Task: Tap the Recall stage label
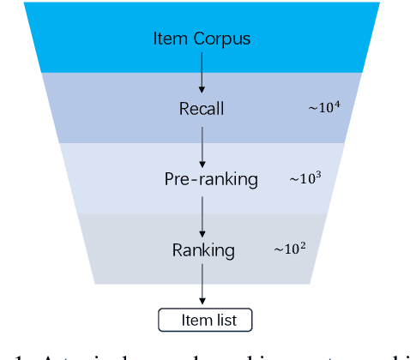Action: coord(202,109)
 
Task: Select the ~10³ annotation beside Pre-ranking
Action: coord(307,178)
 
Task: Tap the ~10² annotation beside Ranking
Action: coord(291,249)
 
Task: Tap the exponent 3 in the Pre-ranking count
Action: coord(321,175)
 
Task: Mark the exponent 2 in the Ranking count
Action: coord(304,245)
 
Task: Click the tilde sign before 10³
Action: coord(293,180)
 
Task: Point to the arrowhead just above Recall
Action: coord(202,90)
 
